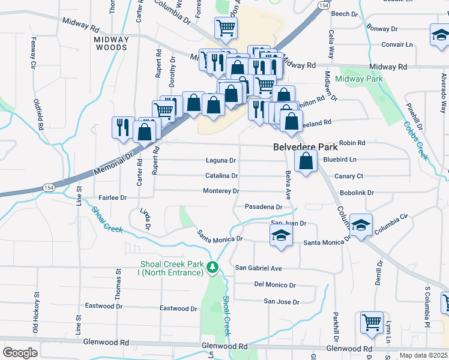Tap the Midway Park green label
359,79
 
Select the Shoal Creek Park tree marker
212,267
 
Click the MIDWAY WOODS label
112,43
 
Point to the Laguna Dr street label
221,161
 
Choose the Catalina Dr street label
221,176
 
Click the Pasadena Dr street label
264,207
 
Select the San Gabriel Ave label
258,268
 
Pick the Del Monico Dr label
275,284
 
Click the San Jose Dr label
282,301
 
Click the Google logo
20,353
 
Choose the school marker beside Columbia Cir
361,225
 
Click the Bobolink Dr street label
357,193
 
